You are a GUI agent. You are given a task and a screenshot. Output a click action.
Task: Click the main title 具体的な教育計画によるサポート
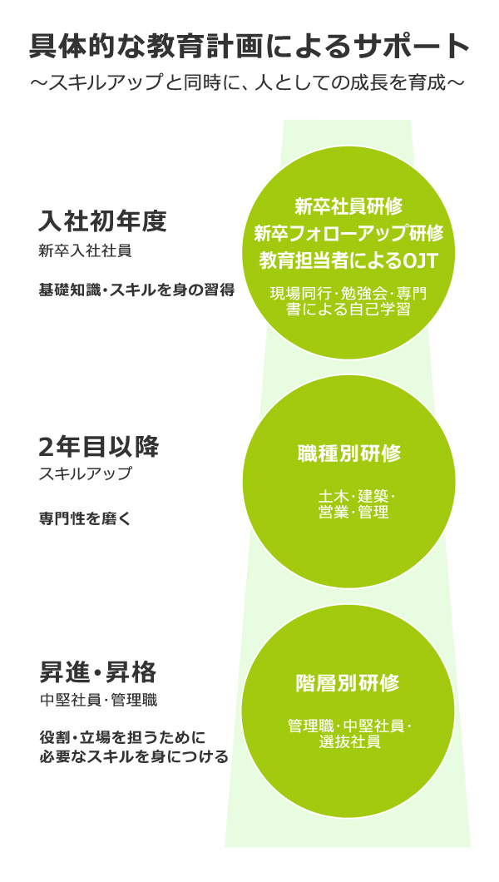pyautogui.click(x=249, y=47)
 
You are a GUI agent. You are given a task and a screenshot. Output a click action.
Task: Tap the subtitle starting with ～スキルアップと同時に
pyautogui.click(x=249, y=82)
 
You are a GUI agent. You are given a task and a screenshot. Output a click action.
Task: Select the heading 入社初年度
pyautogui.click(x=103, y=220)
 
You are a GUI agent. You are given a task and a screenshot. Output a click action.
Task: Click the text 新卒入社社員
pyautogui.click(x=85, y=251)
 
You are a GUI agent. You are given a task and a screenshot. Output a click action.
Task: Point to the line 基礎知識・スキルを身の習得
pyautogui.click(x=136, y=290)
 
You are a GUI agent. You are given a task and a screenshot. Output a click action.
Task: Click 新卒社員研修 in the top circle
pyautogui.click(x=348, y=206)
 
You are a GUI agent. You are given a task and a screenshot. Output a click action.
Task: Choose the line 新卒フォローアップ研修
pyautogui.click(x=348, y=233)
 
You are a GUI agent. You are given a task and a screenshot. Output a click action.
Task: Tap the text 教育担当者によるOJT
pyautogui.click(x=348, y=260)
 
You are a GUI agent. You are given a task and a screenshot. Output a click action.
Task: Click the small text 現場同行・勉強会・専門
pyautogui.click(x=348, y=294)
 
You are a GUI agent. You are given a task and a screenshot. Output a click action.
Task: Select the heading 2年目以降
pyautogui.click(x=99, y=447)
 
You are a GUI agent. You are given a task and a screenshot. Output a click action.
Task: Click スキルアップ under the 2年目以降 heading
pyautogui.click(x=85, y=473)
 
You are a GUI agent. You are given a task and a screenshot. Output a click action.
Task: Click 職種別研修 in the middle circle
pyautogui.click(x=349, y=453)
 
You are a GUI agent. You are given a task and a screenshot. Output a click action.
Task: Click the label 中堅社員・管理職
pyautogui.click(x=98, y=701)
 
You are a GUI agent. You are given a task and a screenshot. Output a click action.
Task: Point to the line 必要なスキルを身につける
pyautogui.click(x=134, y=756)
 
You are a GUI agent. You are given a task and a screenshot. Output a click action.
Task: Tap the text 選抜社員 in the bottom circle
pyautogui.click(x=349, y=742)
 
